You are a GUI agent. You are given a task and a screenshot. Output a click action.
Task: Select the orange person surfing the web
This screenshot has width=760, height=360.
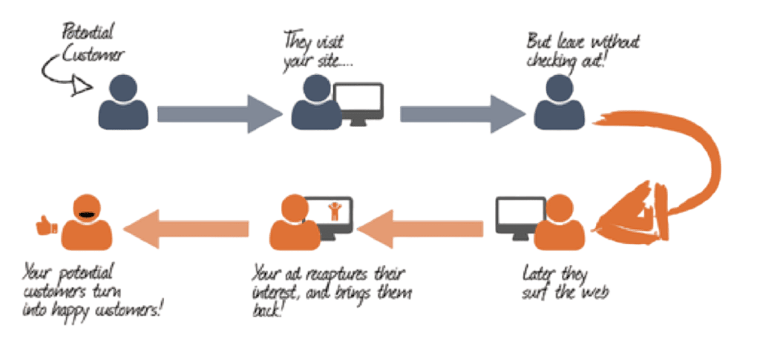557,223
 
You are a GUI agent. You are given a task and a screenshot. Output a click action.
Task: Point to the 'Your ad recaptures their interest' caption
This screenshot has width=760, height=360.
330,281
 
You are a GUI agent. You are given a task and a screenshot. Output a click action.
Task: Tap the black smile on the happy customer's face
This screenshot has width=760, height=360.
87,215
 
